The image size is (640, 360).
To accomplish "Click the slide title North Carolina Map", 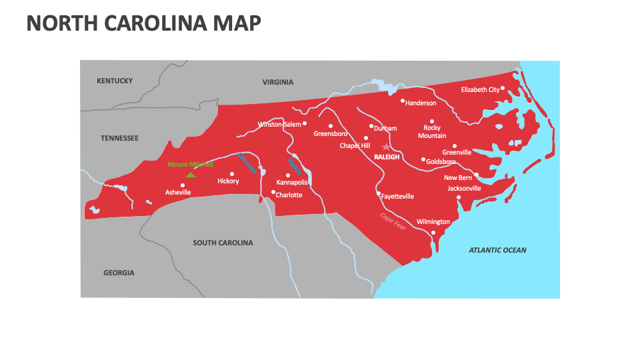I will (143, 23).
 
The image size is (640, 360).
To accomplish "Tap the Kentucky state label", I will (115, 81).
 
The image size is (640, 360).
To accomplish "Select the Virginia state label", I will (277, 83).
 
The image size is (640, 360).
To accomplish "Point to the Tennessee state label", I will (119, 138).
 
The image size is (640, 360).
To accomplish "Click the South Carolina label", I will (223, 243).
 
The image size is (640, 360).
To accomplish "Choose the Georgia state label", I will (119, 273).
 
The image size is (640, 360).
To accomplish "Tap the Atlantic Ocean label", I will (497, 250).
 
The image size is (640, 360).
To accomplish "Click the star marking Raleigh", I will (385, 147).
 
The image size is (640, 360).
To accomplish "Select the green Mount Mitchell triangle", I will (191, 175).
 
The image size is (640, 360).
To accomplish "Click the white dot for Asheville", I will (182, 185).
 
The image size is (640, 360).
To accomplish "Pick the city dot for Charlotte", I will (273, 192).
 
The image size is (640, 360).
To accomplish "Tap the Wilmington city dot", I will (433, 233).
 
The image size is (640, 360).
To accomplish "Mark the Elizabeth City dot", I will (503, 88).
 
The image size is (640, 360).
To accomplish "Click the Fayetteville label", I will (397, 197).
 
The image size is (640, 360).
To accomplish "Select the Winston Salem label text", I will (279, 125).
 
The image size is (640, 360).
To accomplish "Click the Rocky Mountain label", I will (432, 132).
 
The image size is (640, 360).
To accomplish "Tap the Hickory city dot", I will (232, 174).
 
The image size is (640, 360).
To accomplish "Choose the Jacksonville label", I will (464, 189).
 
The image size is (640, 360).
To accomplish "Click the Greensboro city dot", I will (330, 125).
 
